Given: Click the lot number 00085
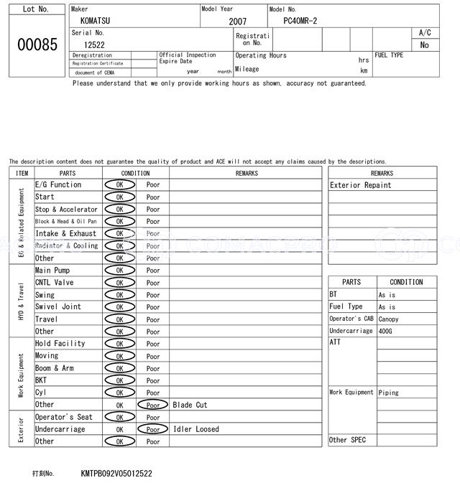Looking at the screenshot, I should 37,44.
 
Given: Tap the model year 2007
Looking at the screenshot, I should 237,22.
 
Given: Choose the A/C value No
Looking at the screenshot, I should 424,44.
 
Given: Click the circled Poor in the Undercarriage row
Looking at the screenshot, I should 152,429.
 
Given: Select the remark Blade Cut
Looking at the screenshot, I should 190,405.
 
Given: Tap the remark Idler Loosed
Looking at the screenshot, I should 196,429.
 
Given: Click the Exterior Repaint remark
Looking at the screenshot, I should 361,185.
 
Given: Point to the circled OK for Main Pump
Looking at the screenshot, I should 119,271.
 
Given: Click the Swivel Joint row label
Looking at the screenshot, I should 58,306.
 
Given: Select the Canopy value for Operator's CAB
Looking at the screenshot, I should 388,319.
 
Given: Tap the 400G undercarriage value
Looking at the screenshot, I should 387,332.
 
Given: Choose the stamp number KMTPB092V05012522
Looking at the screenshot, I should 116,474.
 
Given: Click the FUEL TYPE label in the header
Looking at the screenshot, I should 389,55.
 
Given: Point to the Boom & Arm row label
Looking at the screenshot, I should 55,368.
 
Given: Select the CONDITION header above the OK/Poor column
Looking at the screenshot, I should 135,173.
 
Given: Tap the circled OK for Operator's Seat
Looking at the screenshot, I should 119,417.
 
